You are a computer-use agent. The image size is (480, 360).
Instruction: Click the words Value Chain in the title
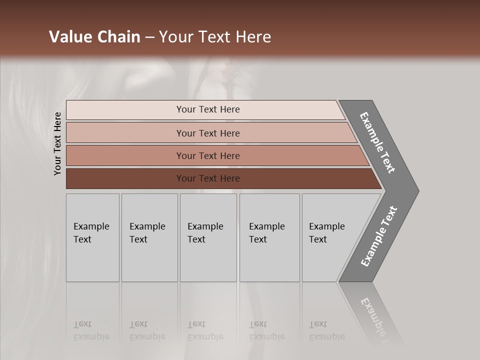[94, 37]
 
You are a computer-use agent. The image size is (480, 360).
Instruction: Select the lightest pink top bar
[125, 110]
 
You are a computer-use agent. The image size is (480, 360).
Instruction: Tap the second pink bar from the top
[125, 133]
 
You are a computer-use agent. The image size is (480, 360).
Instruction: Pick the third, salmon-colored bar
[125, 155]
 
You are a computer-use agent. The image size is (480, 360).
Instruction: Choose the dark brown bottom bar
[125, 178]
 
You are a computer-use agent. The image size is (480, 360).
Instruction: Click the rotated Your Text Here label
[57, 143]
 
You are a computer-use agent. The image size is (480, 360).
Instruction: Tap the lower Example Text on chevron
[379, 236]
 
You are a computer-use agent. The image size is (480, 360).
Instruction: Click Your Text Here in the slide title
[215, 37]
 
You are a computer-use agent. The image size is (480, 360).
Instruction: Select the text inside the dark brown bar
[208, 178]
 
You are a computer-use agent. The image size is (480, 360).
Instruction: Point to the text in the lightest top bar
[208, 109]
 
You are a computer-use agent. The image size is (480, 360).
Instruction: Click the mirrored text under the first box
[91, 330]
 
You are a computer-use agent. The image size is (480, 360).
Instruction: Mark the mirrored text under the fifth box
[326, 330]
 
